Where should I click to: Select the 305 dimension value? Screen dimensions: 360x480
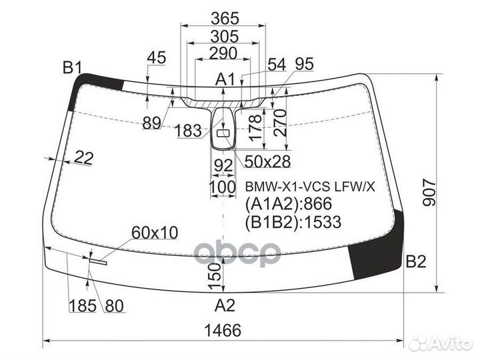point(223,37)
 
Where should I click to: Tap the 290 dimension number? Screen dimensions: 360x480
point(223,53)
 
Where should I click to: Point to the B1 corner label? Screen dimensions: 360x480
point(72,67)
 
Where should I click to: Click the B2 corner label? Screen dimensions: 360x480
point(415,262)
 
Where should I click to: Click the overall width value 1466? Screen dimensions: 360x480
point(223,330)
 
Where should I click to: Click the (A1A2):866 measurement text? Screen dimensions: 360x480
point(289,205)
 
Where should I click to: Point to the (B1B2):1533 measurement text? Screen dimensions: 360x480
point(293,222)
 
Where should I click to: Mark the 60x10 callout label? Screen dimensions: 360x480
point(155,232)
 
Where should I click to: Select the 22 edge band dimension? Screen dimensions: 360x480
point(83,158)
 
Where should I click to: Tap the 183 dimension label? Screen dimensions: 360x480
point(189,131)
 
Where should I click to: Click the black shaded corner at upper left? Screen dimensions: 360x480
point(100,83)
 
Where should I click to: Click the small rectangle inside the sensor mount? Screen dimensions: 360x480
point(223,135)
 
